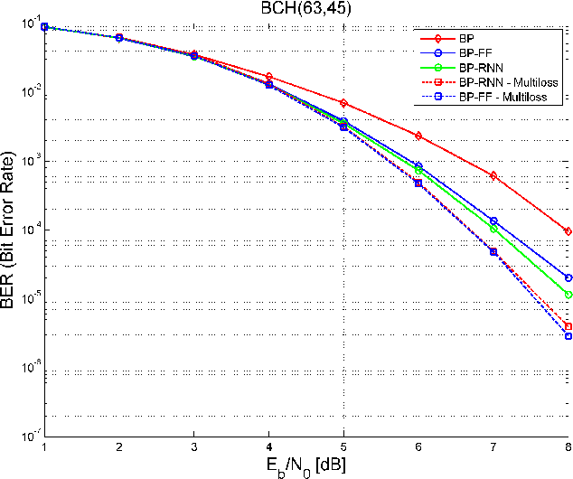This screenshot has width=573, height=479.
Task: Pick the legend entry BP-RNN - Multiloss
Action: pyautogui.click(x=506, y=81)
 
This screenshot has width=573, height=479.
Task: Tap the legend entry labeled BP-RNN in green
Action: pyautogui.click(x=481, y=67)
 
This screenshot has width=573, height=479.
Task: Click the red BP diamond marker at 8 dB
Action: pyautogui.click(x=568, y=231)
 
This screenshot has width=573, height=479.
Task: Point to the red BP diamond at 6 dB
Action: pyautogui.click(x=418, y=136)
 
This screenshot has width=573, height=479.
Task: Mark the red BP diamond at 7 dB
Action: pyautogui.click(x=493, y=175)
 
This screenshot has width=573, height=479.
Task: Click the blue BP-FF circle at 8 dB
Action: pyautogui.click(x=568, y=278)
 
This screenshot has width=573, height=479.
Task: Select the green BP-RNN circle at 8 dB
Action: pyautogui.click(x=568, y=295)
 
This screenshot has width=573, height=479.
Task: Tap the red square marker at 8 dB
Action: pyautogui.click(x=568, y=327)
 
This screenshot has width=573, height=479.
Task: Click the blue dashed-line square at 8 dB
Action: pyautogui.click(x=568, y=336)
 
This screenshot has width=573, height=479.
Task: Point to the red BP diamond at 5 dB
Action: pyautogui.click(x=343, y=103)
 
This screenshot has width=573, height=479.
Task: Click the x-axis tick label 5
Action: pyautogui.click(x=343, y=446)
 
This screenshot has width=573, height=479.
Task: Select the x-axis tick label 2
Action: pyautogui.click(x=118, y=446)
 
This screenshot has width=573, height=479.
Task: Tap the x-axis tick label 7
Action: pyautogui.click(x=493, y=446)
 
